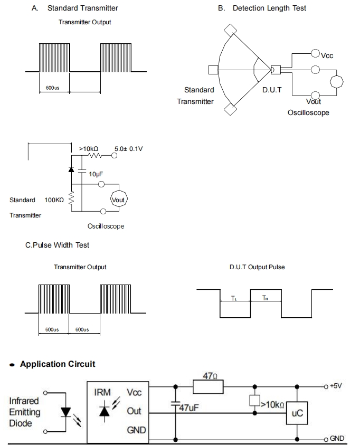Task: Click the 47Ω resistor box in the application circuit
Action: coord(208,387)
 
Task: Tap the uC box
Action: coord(297,413)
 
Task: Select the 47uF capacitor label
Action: coord(188,408)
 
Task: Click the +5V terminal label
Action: coord(336,386)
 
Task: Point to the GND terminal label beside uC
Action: coord(337,439)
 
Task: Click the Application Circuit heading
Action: coord(58,364)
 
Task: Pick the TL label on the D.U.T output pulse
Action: coord(234,298)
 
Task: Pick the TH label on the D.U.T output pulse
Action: coord(265,298)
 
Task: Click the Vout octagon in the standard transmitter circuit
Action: coord(119,200)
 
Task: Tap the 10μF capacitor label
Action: coord(96,174)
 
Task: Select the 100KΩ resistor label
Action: coord(54,200)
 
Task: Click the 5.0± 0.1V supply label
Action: coord(128,149)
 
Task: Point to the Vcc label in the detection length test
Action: coord(327,55)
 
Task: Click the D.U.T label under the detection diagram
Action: coord(272,90)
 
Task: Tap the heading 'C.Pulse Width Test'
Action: coord(57,245)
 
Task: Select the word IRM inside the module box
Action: coord(102,393)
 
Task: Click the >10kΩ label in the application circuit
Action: coord(272,405)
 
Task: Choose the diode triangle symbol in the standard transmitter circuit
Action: coord(71,169)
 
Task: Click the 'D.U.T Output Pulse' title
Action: coord(257,267)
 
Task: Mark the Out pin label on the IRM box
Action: coord(134,411)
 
